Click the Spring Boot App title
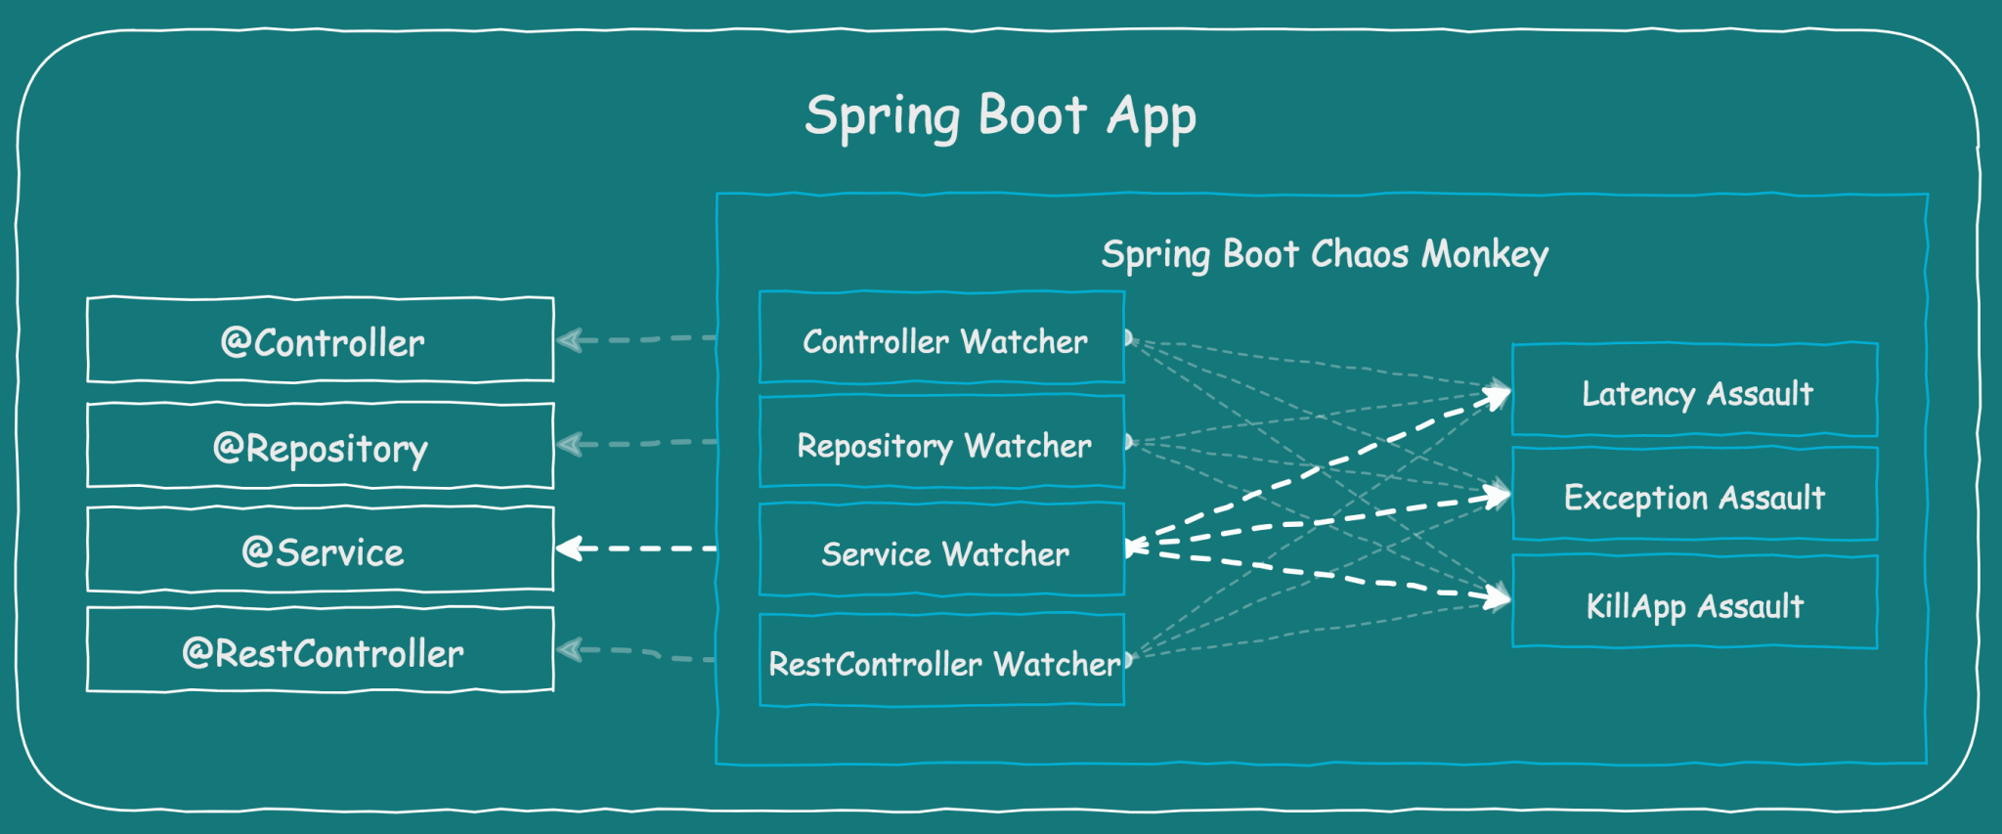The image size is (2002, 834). point(999,116)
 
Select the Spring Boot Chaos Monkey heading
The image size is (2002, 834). point(1324,254)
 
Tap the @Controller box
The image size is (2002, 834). point(321,341)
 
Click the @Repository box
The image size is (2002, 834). point(321,447)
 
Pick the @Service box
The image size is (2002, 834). point(321,551)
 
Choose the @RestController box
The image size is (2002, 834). point(321,652)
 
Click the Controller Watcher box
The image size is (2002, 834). point(942,339)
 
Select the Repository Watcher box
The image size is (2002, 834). point(942,444)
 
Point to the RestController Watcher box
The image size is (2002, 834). point(942,662)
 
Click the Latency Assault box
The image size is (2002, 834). point(1695,392)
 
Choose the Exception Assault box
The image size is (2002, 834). point(1695,497)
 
